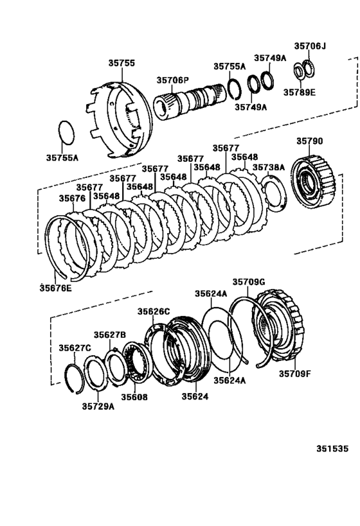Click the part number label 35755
(x=121, y=63)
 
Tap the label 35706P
(x=172, y=80)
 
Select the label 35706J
(x=310, y=46)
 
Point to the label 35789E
(x=301, y=92)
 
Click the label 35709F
(x=294, y=373)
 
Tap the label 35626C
(x=153, y=311)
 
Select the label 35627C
(x=75, y=347)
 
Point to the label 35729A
(x=98, y=405)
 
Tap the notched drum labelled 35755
(x=119, y=116)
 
